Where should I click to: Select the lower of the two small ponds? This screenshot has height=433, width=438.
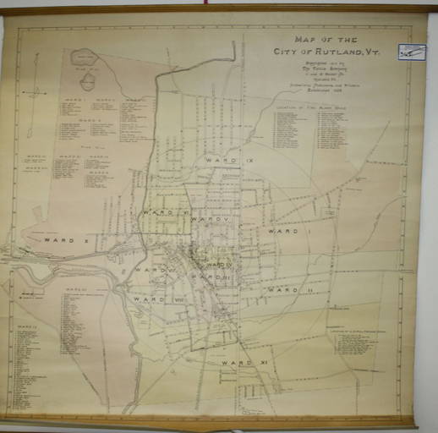tap(87, 82)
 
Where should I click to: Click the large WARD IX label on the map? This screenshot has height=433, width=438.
tap(222, 158)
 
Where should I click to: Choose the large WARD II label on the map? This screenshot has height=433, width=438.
tap(289, 289)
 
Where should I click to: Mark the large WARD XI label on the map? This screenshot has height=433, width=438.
tap(238, 362)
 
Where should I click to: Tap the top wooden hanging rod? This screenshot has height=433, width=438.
tap(218, 9)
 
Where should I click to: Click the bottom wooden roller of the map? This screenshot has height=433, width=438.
tap(211, 420)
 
